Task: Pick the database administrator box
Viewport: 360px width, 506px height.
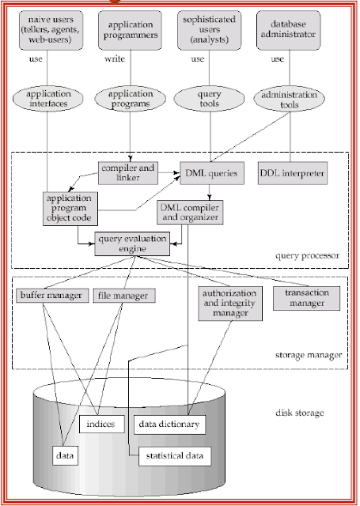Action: pyautogui.click(x=294, y=31)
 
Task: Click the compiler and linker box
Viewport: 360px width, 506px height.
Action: pyautogui.click(x=127, y=172)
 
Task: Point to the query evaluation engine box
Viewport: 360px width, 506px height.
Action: pyautogui.click(x=133, y=243)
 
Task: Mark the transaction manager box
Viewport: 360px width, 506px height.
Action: pyautogui.click(x=306, y=297)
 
